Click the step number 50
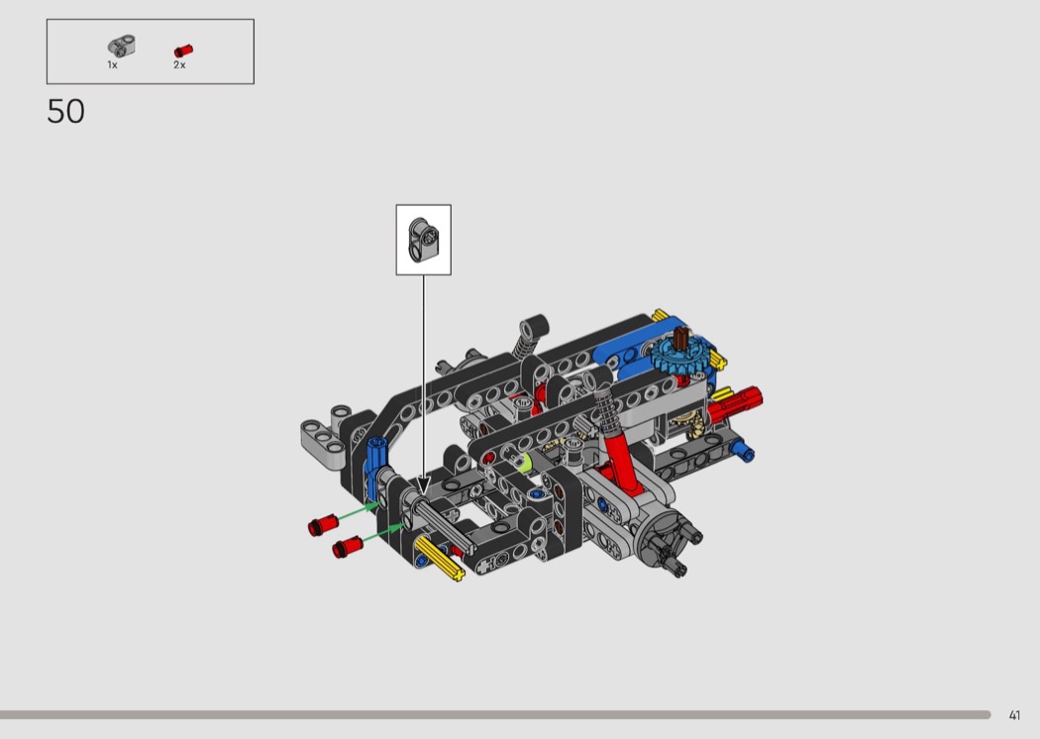pyautogui.click(x=65, y=112)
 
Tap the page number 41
pyautogui.click(x=1014, y=715)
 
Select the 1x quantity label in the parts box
pyautogui.click(x=112, y=65)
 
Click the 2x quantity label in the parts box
pyautogui.click(x=179, y=65)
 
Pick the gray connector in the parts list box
pyautogui.click(x=122, y=46)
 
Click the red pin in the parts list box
pyautogui.click(x=183, y=51)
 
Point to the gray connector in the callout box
pyautogui.click(x=424, y=240)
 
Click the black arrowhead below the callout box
pyautogui.click(x=423, y=486)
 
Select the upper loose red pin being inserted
pyautogui.click(x=323, y=525)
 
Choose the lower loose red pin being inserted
pyautogui.click(x=347, y=547)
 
